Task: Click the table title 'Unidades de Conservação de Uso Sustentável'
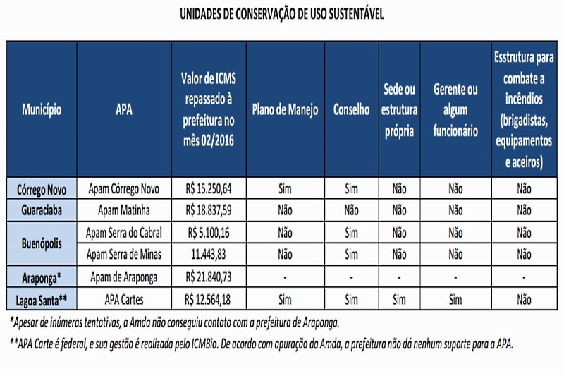click(x=281, y=15)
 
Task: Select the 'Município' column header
click(x=41, y=110)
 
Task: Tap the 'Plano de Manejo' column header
click(x=285, y=110)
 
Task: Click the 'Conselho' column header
click(x=351, y=110)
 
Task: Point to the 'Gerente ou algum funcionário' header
click(x=455, y=110)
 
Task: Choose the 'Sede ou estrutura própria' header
click(x=400, y=110)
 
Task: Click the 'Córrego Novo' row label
click(x=41, y=189)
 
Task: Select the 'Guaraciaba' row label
click(x=41, y=210)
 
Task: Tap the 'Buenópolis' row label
click(x=41, y=242)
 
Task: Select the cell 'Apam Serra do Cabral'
click(x=124, y=231)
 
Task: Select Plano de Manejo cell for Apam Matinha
click(x=285, y=210)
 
